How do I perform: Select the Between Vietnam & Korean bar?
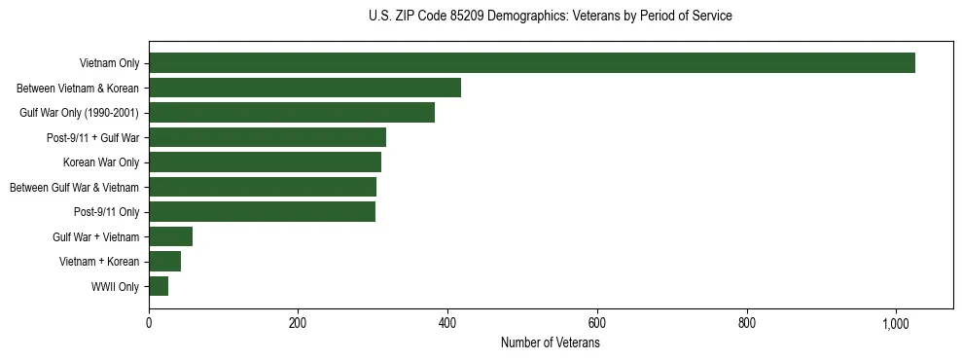(x=304, y=88)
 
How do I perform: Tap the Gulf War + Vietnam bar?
(x=170, y=236)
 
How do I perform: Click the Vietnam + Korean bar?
(x=164, y=262)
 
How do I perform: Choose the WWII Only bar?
(x=159, y=286)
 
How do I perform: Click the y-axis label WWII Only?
(x=115, y=287)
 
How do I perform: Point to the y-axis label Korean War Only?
(x=101, y=162)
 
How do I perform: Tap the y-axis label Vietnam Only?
(x=109, y=63)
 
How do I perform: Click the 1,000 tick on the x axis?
(x=896, y=322)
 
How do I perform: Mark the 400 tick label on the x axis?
(x=447, y=322)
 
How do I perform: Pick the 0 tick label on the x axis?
(x=149, y=322)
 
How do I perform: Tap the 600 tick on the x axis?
(x=597, y=322)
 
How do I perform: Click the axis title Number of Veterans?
(x=550, y=342)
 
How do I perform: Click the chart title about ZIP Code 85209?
(x=550, y=17)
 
